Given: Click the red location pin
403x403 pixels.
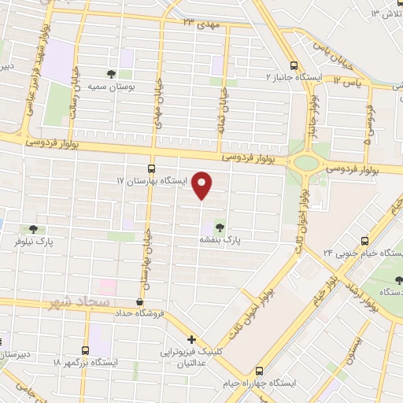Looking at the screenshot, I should (x=203, y=185).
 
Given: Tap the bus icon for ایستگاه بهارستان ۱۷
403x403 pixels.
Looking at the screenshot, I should (x=151, y=168).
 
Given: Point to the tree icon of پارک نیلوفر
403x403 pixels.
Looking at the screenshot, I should (x=33, y=230).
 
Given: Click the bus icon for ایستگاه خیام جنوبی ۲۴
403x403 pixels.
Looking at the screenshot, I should (x=364, y=241).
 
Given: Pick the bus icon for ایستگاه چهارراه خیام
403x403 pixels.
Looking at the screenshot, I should (x=260, y=375).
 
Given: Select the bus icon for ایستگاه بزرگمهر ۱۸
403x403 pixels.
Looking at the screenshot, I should (x=86, y=350).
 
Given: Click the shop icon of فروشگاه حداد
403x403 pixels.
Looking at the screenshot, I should (x=139, y=301).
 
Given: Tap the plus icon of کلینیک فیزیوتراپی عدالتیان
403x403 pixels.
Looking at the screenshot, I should (x=192, y=339).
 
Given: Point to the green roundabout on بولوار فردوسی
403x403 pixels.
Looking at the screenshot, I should (x=305, y=163).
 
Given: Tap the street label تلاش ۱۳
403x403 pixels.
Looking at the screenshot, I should (x=386, y=14).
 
